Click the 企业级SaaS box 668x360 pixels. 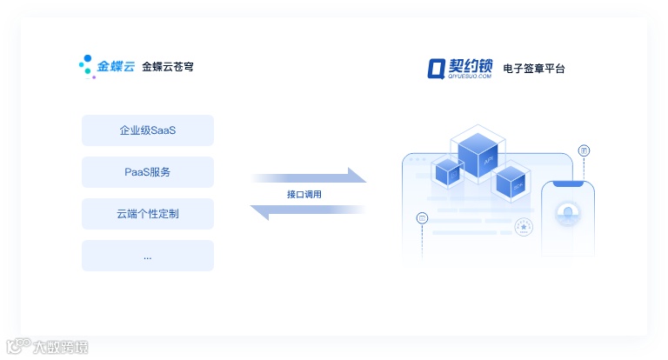tap(147, 130)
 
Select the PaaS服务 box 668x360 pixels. tap(147, 172)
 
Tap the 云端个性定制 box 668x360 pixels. tap(147, 214)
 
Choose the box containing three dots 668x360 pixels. tap(147, 256)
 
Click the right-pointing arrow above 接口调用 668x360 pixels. tap(309, 177)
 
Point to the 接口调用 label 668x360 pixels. tap(304, 194)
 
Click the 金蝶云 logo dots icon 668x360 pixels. tap(86, 65)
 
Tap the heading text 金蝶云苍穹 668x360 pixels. tap(168, 66)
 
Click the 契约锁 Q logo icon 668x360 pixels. tap(436, 68)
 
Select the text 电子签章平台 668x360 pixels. tap(540, 68)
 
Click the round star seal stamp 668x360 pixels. tap(524, 227)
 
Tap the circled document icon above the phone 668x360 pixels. tap(584, 150)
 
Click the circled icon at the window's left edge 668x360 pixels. tap(422, 217)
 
